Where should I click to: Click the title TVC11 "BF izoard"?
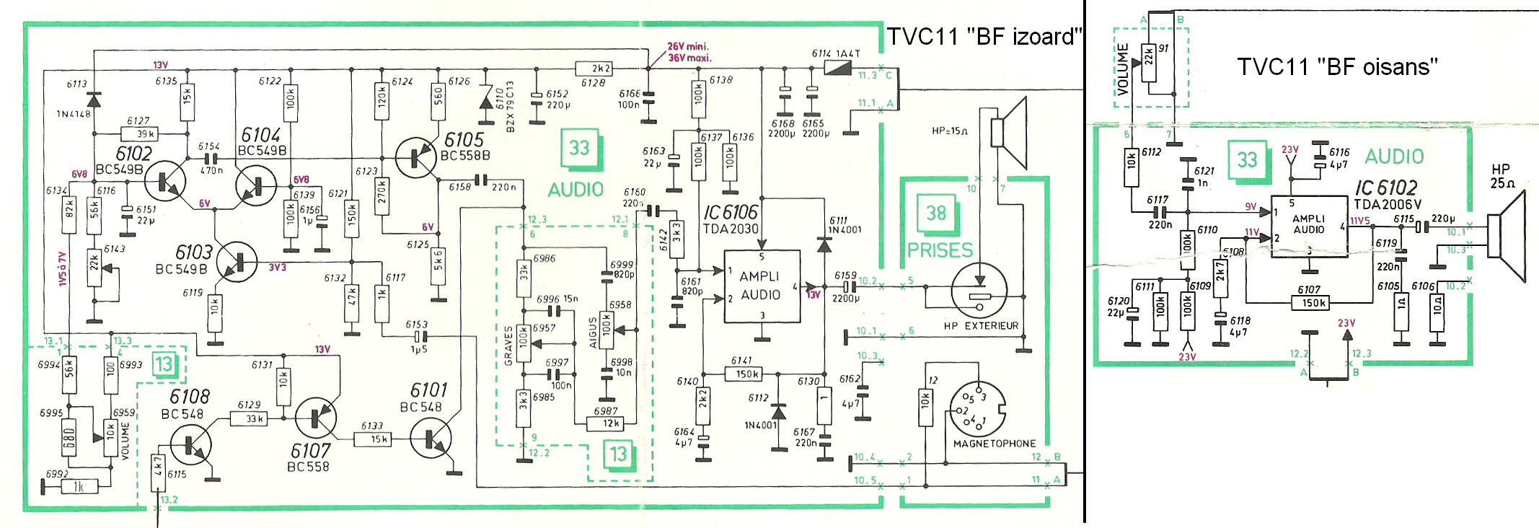coord(984,36)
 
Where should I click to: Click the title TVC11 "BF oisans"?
coord(1337,67)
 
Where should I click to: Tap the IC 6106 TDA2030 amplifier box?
coord(762,286)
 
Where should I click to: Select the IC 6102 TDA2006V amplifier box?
coord(1309,226)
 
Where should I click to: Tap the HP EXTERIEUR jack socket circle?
coord(979,291)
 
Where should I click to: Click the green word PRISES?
coord(940,250)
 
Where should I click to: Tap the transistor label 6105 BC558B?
coord(465,146)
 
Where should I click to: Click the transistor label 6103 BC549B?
coord(185,260)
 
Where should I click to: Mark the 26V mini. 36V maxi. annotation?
coord(689,52)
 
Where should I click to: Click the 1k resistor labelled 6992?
coord(79,487)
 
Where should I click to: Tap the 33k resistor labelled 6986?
coord(524,273)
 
